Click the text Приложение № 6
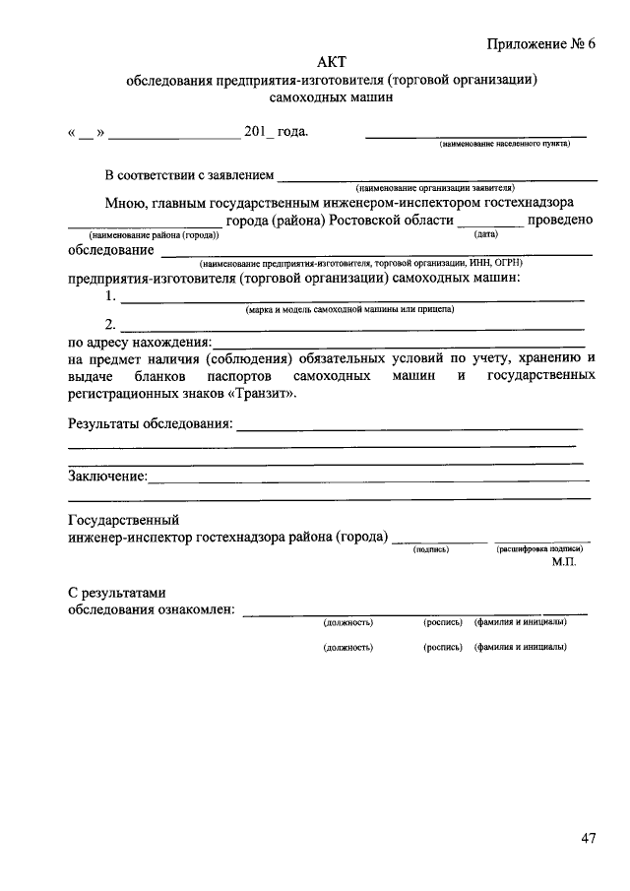click(x=541, y=44)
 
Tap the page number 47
click(x=588, y=839)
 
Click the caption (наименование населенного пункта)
click(x=504, y=145)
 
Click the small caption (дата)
click(x=486, y=234)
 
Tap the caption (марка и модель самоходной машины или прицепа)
click(x=349, y=309)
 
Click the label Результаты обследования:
click(x=150, y=424)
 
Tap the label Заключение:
click(x=107, y=477)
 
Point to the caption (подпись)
click(x=431, y=549)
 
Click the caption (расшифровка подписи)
click(x=539, y=549)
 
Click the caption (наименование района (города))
click(x=153, y=235)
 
